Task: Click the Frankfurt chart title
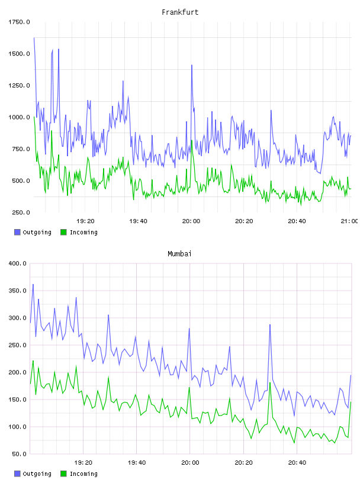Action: coord(180,12)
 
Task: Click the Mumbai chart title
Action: coord(179,253)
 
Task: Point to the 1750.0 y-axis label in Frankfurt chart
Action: coord(19,22)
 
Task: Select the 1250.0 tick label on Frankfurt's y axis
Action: coord(19,85)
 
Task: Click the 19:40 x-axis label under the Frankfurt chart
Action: coord(138,221)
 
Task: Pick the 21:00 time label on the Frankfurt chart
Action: coord(349,221)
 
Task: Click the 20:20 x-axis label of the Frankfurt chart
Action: coord(244,221)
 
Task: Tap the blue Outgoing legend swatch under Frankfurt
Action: coord(17,232)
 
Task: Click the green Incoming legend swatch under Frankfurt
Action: coord(63,232)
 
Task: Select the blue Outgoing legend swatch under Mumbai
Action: coord(17,474)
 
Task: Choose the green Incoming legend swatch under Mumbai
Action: coord(63,474)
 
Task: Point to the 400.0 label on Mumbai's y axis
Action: coord(18,263)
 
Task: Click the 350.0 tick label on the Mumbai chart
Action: coord(18,291)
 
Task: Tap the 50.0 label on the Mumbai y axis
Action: coord(19,454)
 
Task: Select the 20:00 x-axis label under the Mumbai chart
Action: coord(190,462)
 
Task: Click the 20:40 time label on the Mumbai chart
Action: coord(297,462)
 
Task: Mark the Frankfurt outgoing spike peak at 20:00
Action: coord(192,65)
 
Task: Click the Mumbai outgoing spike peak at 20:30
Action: coord(270,325)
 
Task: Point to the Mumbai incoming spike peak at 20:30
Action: coord(270,382)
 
